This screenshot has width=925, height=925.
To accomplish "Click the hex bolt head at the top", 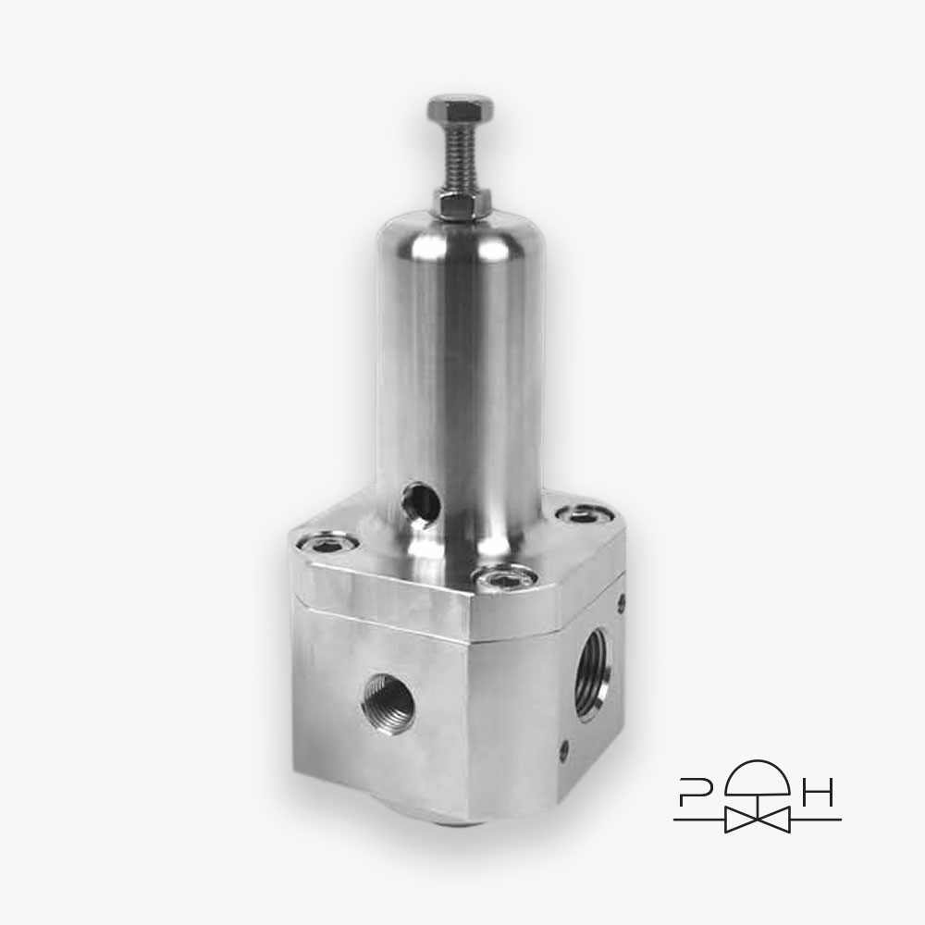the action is coord(460,111).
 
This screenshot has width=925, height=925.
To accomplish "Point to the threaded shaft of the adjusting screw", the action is coord(460,158).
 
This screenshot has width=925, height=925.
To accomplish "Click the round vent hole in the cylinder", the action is coord(420,501).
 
